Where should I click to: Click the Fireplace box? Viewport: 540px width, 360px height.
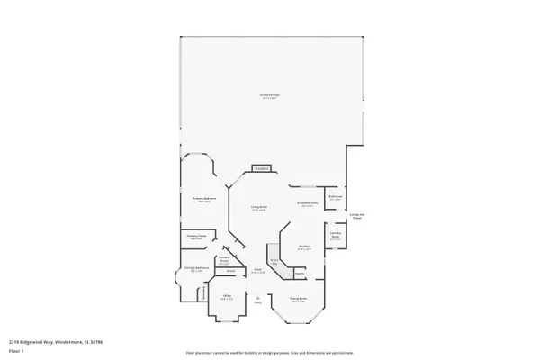[262, 168]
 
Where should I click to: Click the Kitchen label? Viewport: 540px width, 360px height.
[304, 248]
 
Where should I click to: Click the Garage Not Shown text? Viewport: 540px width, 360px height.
[356, 217]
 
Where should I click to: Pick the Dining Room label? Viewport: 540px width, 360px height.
[298, 299]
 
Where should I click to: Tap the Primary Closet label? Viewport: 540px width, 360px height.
[197, 238]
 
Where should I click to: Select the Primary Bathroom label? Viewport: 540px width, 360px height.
[196, 268]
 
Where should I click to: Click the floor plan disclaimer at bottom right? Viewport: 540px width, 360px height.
[269, 353]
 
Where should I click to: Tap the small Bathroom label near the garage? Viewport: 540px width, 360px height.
[335, 198]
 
